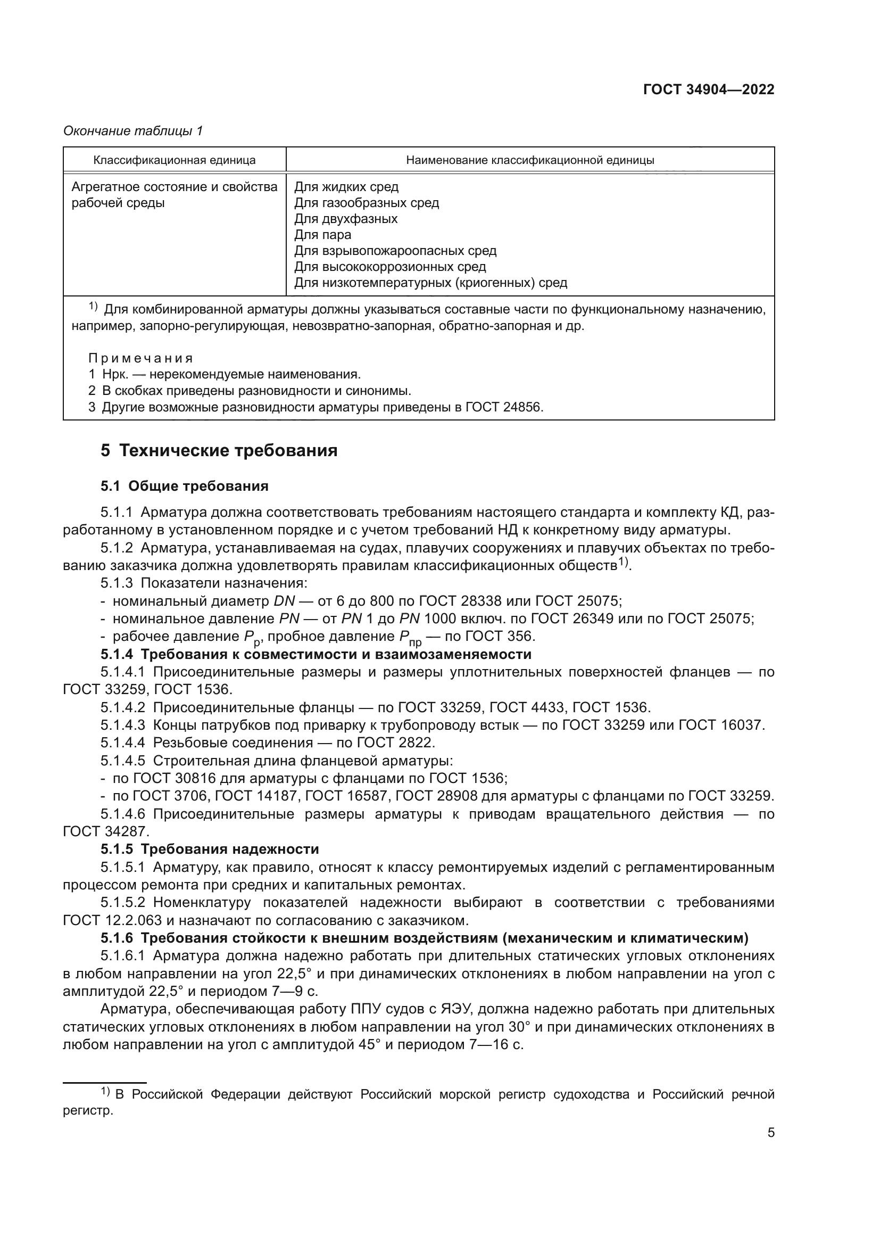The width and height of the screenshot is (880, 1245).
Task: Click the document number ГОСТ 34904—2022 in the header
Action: (x=708, y=90)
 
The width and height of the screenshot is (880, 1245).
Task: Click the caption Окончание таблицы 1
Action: (x=133, y=131)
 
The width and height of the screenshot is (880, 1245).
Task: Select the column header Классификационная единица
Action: (x=175, y=160)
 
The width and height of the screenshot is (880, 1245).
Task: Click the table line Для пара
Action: (x=322, y=235)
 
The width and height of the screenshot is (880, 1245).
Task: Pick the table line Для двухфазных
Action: (x=346, y=219)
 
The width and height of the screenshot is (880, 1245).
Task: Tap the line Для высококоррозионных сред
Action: (x=390, y=267)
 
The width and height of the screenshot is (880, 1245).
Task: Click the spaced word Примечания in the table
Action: (x=140, y=358)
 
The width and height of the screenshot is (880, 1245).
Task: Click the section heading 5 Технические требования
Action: (x=219, y=451)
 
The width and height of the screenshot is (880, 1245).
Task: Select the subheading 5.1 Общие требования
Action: (x=184, y=486)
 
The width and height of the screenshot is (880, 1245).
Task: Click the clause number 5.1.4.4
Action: (x=122, y=743)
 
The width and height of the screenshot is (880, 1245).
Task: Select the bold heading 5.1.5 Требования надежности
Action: (x=210, y=848)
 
